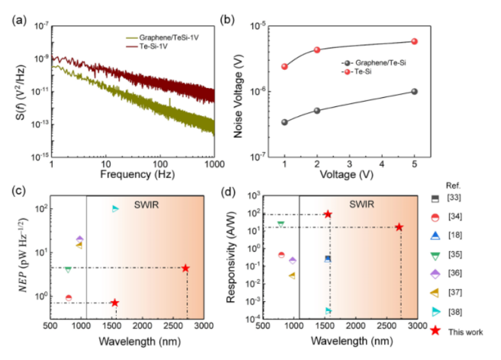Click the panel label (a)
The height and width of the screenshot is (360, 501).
(x=18, y=18)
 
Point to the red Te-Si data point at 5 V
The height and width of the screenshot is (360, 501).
(x=414, y=42)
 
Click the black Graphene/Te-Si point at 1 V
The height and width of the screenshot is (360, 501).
(x=284, y=122)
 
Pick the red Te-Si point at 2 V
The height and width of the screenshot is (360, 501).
(x=317, y=50)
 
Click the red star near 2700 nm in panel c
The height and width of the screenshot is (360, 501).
(x=186, y=268)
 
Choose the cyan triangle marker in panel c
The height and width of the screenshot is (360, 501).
(x=115, y=209)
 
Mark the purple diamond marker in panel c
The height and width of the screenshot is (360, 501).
(x=80, y=239)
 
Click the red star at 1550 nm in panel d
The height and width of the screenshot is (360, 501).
(x=328, y=214)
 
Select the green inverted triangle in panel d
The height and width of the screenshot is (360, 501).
(x=281, y=224)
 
